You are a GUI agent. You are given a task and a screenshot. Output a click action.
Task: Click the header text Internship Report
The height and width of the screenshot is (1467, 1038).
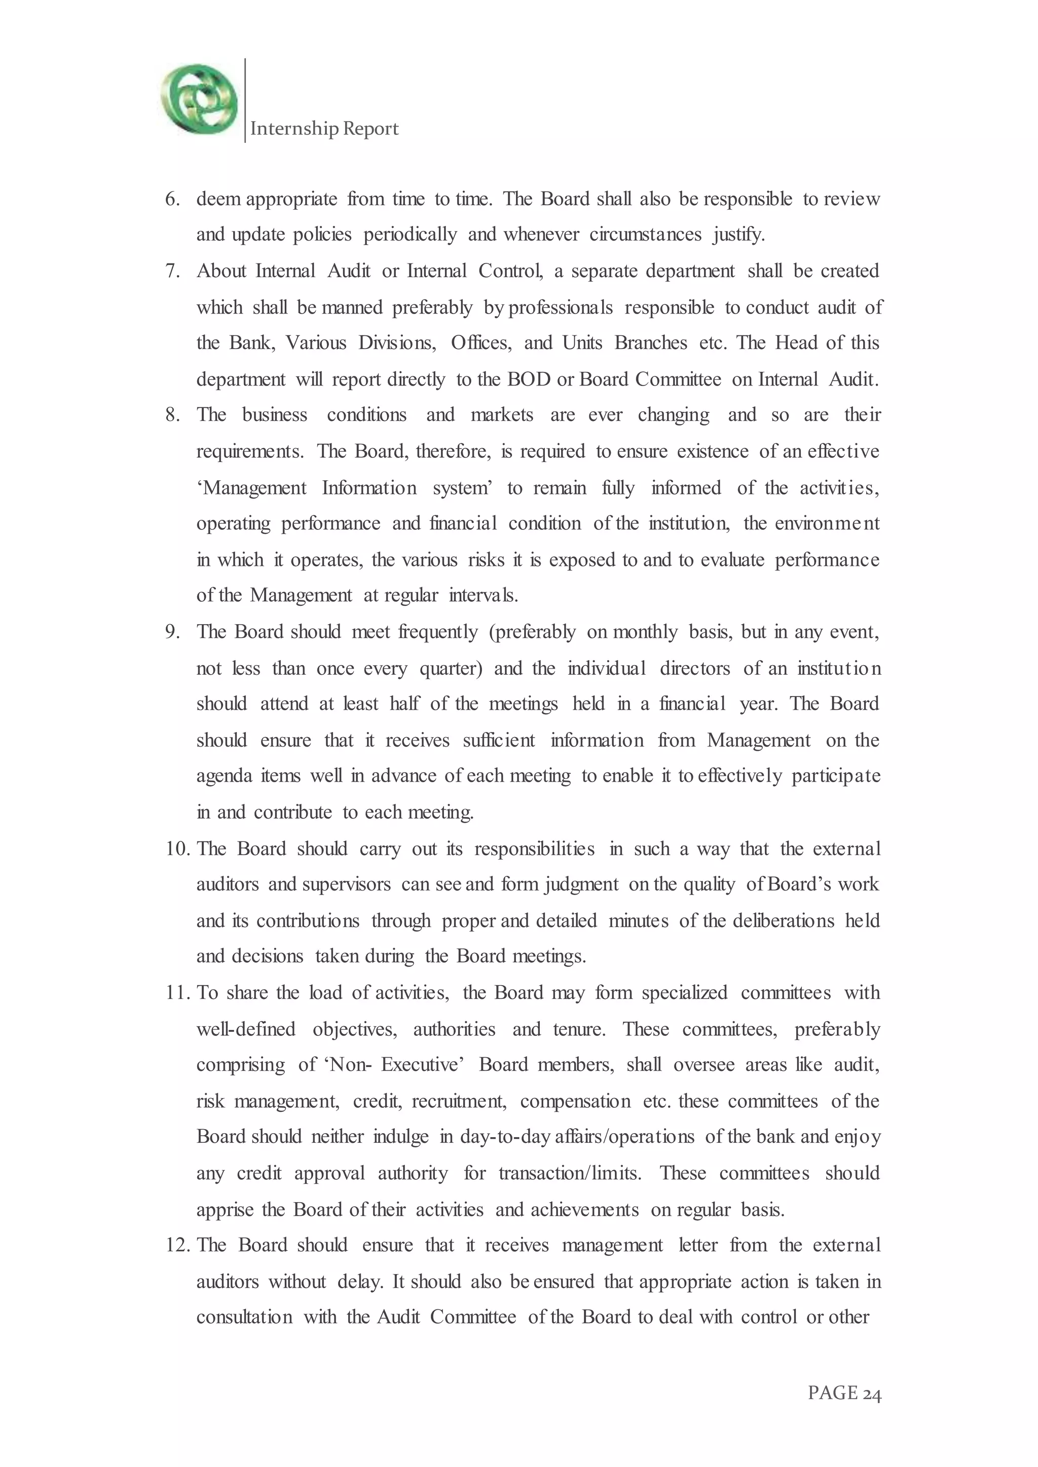click(324, 129)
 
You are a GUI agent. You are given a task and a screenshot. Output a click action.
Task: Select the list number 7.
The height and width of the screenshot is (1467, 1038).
click(172, 271)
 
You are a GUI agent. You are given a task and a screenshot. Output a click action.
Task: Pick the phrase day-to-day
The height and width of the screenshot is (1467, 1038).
click(506, 1137)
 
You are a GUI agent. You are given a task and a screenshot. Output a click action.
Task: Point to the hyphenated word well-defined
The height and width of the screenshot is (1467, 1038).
click(246, 1029)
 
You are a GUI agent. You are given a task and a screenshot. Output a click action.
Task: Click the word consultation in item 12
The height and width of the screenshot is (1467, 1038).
click(244, 1317)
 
